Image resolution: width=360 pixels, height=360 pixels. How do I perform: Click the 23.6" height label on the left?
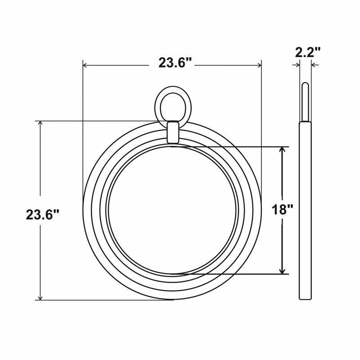(43, 215)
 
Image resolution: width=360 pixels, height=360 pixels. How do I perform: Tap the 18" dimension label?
(283, 209)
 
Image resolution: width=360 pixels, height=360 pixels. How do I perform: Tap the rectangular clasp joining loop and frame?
(173, 133)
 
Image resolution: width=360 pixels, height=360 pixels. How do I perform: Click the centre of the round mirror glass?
(172, 210)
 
